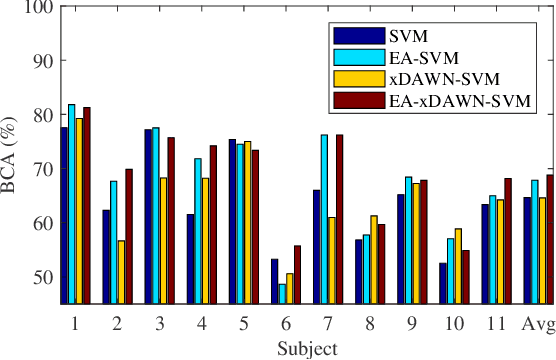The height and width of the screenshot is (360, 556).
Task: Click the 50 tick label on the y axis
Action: (42, 276)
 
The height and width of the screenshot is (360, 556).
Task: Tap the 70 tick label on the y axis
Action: (42, 168)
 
